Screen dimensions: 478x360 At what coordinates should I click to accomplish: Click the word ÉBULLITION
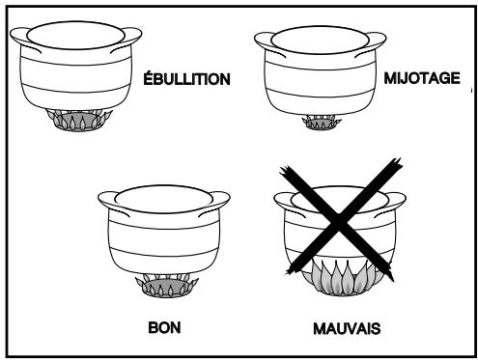pyautogui.click(x=186, y=78)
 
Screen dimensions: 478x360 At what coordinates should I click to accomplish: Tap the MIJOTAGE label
pyautogui.click(x=422, y=78)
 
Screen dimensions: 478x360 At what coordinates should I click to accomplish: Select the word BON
pyautogui.click(x=164, y=327)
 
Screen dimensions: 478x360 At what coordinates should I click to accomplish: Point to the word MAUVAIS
pyautogui.click(x=347, y=328)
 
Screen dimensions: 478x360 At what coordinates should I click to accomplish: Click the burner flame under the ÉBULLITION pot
pyautogui.click(x=79, y=120)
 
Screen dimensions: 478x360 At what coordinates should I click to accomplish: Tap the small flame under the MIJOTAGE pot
pyautogui.click(x=322, y=123)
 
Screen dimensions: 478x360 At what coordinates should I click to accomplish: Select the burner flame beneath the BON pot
pyautogui.click(x=167, y=286)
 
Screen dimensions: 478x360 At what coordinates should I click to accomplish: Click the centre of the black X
pyautogui.click(x=339, y=221)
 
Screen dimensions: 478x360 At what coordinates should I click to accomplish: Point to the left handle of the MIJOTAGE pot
pyautogui.click(x=265, y=42)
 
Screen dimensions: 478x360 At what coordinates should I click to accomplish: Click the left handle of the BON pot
pyautogui.click(x=108, y=201)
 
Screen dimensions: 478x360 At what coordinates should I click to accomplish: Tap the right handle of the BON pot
pyautogui.click(x=219, y=202)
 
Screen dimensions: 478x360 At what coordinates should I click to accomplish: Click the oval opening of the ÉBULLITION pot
pyautogui.click(x=75, y=36)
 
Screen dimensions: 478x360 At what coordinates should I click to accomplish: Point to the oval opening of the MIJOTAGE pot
pyautogui.click(x=320, y=41)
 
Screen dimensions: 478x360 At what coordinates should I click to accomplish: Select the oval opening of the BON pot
pyautogui.click(x=163, y=200)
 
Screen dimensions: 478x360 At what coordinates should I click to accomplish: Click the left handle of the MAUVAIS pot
pyautogui.click(x=284, y=202)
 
